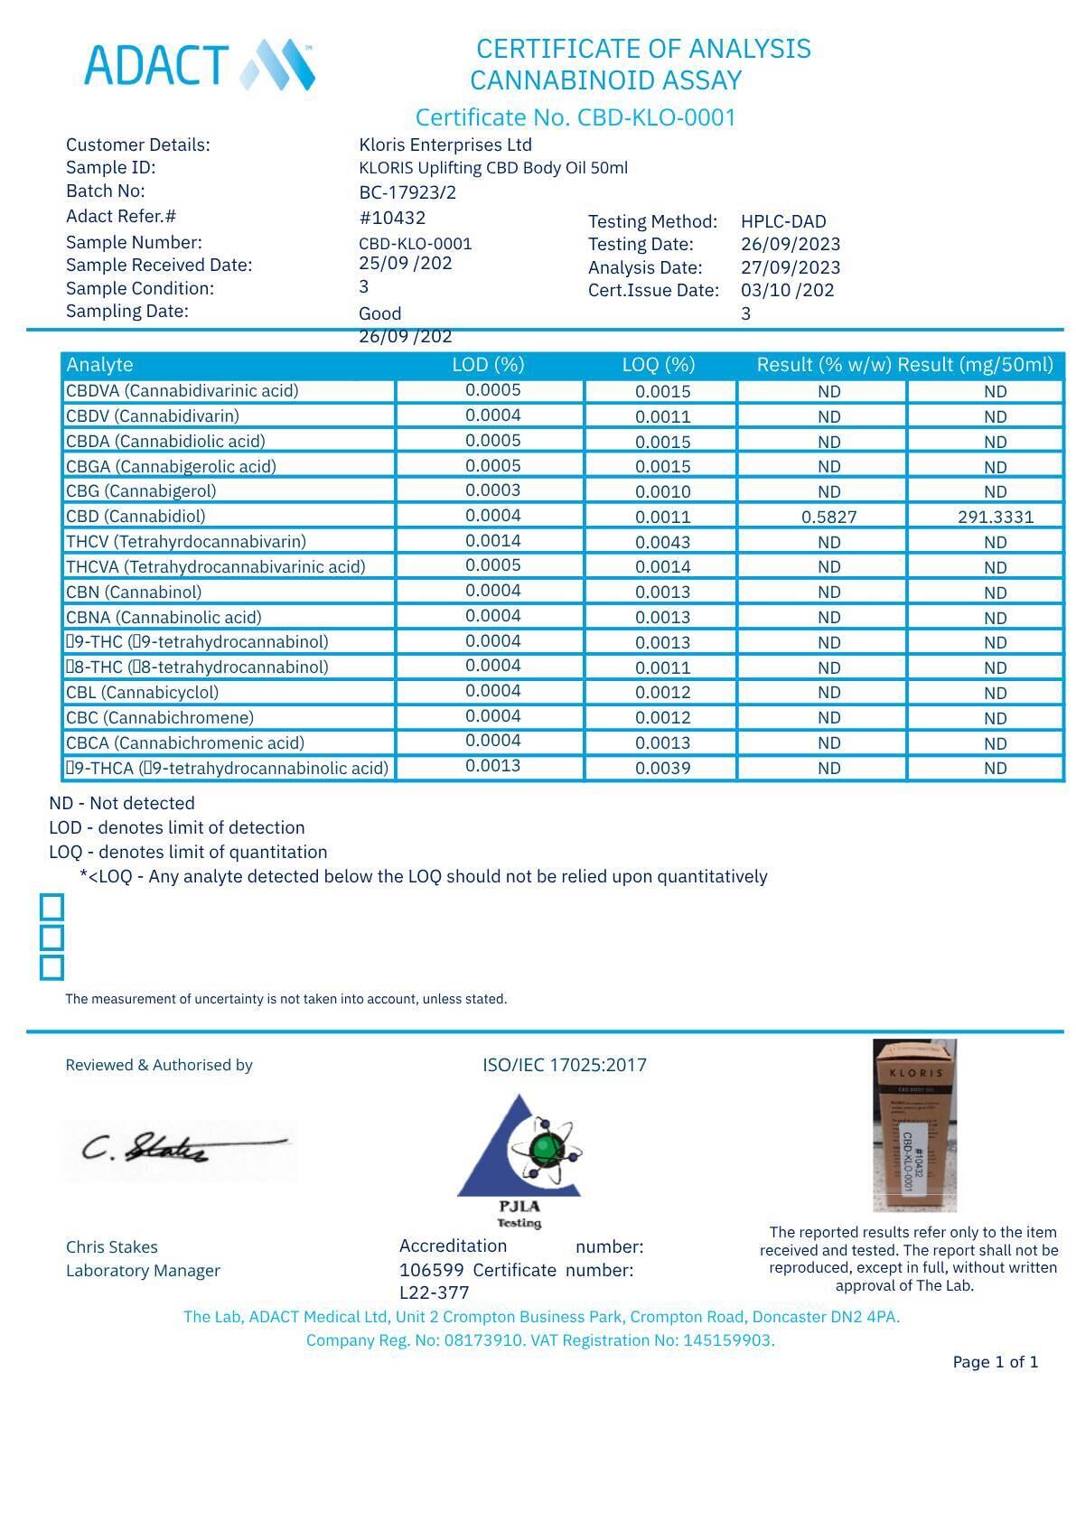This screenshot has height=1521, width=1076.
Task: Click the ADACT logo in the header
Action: (x=200, y=64)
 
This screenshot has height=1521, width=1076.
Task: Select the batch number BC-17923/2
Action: (x=407, y=192)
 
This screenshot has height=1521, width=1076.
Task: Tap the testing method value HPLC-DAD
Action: (x=783, y=221)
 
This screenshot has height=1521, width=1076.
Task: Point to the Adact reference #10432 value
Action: (x=392, y=218)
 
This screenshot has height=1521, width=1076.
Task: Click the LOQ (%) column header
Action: (x=659, y=365)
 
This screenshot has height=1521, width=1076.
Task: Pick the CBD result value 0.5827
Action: (x=828, y=518)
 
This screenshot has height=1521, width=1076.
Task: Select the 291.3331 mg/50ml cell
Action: (x=995, y=518)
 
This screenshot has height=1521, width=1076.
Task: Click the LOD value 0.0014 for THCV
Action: (x=493, y=541)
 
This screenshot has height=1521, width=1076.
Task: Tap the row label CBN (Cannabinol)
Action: (x=134, y=593)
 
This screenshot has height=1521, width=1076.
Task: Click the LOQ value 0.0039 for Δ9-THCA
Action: (x=662, y=769)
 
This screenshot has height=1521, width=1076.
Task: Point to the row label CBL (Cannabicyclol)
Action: (x=142, y=693)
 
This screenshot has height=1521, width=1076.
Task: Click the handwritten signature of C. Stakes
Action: (x=180, y=1149)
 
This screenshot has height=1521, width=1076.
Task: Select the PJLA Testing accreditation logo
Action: (x=519, y=1160)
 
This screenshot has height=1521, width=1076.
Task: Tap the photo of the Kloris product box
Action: (x=914, y=1125)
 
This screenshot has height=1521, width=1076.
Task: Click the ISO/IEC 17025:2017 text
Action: (x=565, y=1065)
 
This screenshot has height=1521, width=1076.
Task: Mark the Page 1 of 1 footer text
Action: (x=995, y=1362)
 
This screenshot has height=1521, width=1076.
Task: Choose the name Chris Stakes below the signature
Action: (x=112, y=1247)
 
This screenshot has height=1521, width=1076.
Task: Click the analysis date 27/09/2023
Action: (x=791, y=268)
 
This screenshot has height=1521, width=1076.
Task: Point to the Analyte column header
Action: (x=100, y=365)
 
